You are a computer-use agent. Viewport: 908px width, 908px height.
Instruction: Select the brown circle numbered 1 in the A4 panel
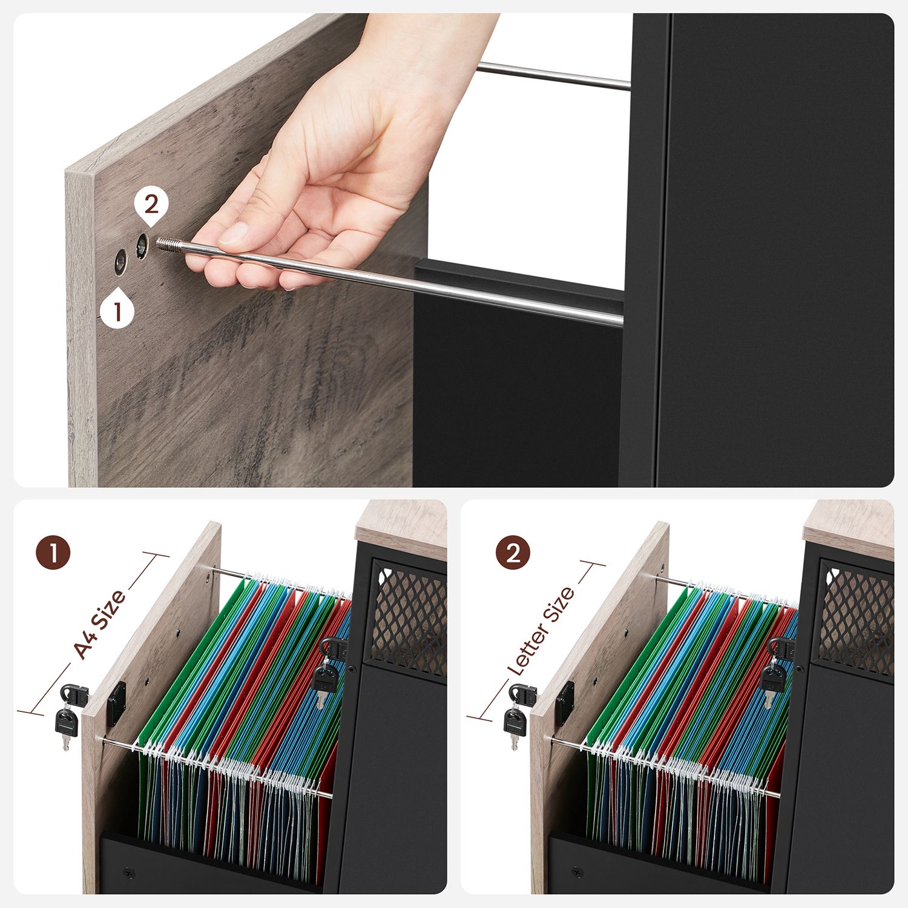point(53,553)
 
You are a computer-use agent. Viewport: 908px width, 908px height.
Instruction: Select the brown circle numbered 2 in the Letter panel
point(513,553)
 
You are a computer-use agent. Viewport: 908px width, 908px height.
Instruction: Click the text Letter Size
point(541,631)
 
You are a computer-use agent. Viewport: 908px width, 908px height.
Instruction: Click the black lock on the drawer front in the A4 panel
point(116,703)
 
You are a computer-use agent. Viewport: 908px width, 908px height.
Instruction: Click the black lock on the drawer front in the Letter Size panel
point(565,703)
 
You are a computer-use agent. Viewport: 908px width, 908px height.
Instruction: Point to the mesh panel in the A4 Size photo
point(409,620)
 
